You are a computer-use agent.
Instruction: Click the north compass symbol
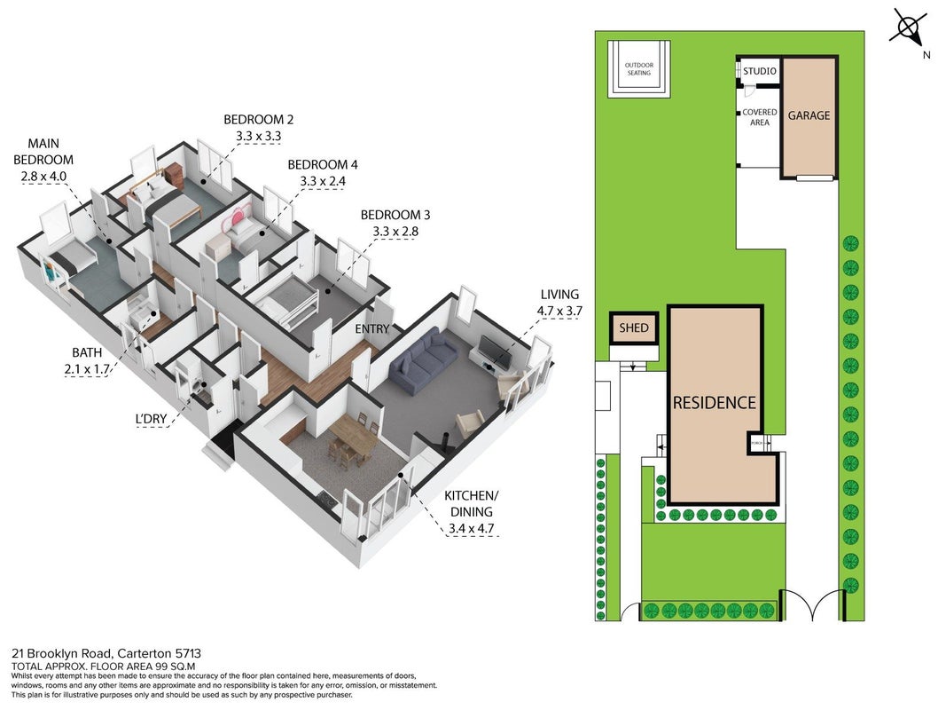pyautogui.click(x=909, y=28)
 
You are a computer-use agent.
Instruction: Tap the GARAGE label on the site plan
pyautogui.click(x=809, y=115)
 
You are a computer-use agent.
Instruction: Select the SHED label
pyautogui.click(x=634, y=327)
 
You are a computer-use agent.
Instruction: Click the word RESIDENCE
pyautogui.click(x=715, y=403)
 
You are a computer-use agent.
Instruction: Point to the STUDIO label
pyautogui.click(x=760, y=71)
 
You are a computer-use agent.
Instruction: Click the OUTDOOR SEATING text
pyautogui.click(x=639, y=69)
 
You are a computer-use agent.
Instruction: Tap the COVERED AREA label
pyautogui.click(x=760, y=117)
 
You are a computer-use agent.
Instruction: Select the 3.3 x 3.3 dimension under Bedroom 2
pyautogui.click(x=258, y=136)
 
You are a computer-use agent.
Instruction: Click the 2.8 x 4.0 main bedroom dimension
pyautogui.click(x=43, y=177)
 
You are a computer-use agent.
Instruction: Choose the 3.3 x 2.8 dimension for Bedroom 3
pyautogui.click(x=395, y=232)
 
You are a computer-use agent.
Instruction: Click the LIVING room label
pyautogui.click(x=559, y=294)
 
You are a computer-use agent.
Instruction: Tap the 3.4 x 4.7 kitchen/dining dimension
pyautogui.click(x=471, y=529)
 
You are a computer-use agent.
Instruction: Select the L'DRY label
pyautogui.click(x=152, y=418)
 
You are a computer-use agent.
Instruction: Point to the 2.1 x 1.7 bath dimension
pyautogui.click(x=87, y=369)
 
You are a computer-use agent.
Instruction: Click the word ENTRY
pyautogui.click(x=371, y=329)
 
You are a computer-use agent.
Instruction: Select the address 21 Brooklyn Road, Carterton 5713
pyautogui.click(x=106, y=653)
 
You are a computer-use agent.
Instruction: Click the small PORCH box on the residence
pyautogui.click(x=756, y=443)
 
